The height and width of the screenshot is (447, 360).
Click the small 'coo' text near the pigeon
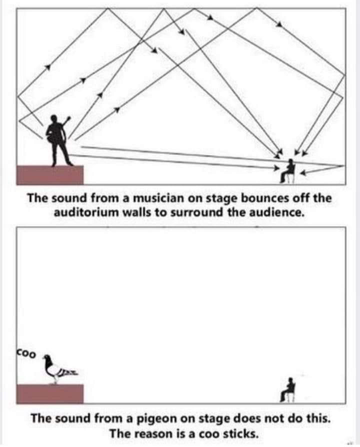pyautogui.click(x=26, y=353)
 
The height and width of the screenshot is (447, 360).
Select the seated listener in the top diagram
pyautogui.click(x=288, y=171)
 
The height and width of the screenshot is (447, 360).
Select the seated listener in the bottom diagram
pyautogui.click(x=288, y=390)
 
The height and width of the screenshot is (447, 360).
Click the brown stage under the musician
pyautogui.click(x=50, y=175)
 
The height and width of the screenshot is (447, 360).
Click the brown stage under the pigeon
pyautogui.click(x=50, y=394)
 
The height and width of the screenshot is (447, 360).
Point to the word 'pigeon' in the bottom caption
pyautogui.click(x=158, y=418)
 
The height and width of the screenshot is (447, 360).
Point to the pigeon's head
pyautogui.click(x=47, y=358)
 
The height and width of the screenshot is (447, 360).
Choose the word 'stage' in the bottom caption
pyautogui.click(x=216, y=419)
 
